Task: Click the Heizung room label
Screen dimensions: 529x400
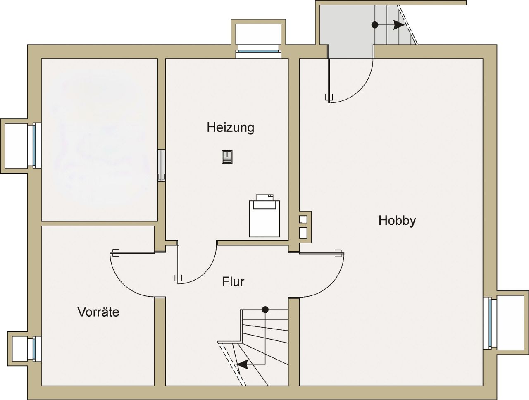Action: click(x=230, y=128)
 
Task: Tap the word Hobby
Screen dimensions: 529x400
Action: click(x=397, y=221)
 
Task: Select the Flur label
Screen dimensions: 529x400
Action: click(x=233, y=282)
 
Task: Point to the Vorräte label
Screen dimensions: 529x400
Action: click(x=98, y=312)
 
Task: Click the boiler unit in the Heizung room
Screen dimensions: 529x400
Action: click(x=264, y=216)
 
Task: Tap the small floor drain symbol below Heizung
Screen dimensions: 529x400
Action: click(x=227, y=157)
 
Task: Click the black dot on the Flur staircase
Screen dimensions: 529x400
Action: click(x=265, y=310)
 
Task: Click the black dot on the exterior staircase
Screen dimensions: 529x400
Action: click(x=375, y=24)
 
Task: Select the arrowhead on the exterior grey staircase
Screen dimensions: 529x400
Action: click(x=399, y=25)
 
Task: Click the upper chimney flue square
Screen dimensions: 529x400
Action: click(x=303, y=219)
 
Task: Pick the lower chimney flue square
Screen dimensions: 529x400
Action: click(x=303, y=233)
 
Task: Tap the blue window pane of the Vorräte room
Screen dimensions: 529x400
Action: click(x=34, y=349)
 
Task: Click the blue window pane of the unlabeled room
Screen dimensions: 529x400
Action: click(x=34, y=145)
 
